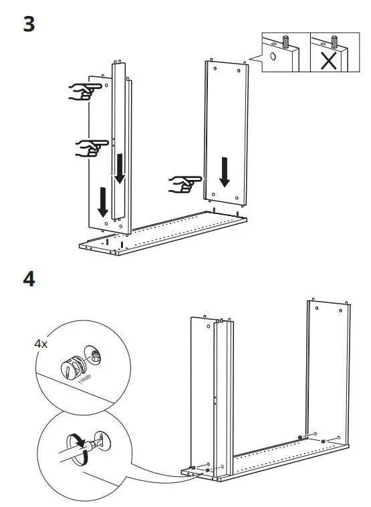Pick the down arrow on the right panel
click(x=225, y=171)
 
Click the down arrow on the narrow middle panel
click(x=119, y=167)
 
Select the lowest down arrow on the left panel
click(x=102, y=202)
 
